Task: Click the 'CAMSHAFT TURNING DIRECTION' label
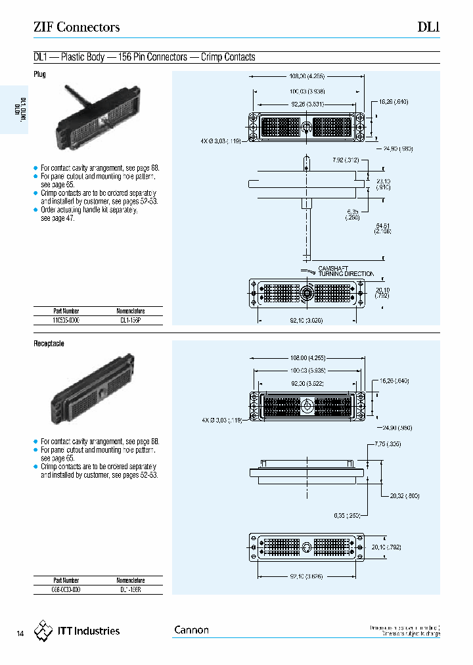pos(346,271)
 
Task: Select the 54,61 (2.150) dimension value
pos(383,228)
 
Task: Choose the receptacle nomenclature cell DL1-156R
pos(131,589)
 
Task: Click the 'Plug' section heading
pos(40,74)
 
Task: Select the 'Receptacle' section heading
pos(49,344)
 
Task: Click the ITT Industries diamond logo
pos(43,631)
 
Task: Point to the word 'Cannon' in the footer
pos(191,630)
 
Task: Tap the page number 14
pos(20,634)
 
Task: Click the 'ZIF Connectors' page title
pos(76,28)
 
